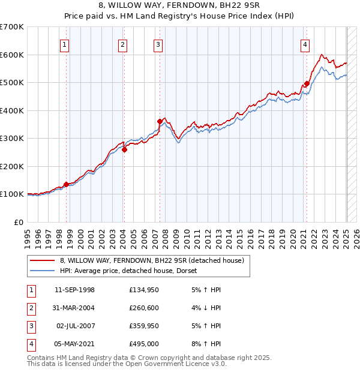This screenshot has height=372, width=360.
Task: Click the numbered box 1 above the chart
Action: (x=64, y=44)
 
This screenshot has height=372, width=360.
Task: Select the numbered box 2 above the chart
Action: (x=122, y=44)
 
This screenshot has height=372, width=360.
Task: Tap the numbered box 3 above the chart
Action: (x=158, y=44)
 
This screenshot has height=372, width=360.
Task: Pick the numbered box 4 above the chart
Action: (x=305, y=44)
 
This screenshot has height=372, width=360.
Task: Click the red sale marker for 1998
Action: (x=66, y=184)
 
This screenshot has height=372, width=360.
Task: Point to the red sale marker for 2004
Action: (x=125, y=150)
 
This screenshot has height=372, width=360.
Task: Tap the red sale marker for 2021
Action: (x=307, y=84)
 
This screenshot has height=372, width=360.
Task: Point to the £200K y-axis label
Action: (x=12, y=166)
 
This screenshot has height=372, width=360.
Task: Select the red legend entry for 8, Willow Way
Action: (x=151, y=261)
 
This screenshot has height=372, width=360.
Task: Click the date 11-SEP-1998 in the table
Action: (x=74, y=290)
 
